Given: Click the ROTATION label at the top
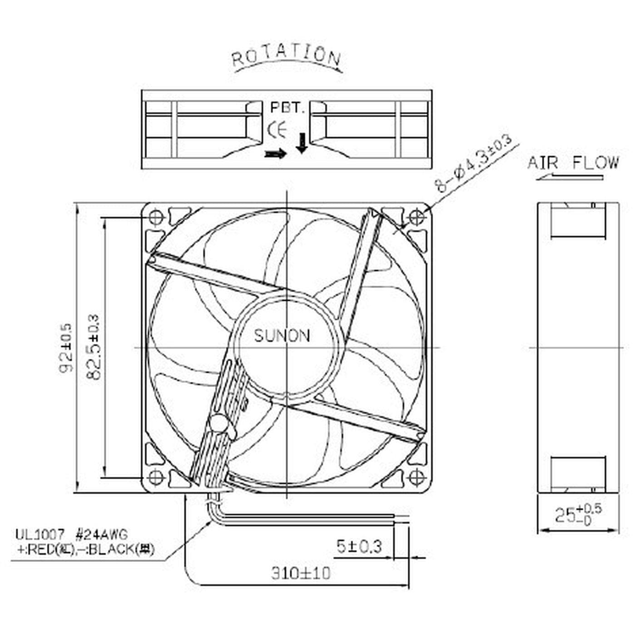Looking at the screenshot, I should tap(286, 56).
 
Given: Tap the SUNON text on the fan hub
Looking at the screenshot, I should tap(282, 336).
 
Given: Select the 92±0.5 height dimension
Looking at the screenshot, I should tap(66, 348).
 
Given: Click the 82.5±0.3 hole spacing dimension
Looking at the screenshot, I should tap(93, 348).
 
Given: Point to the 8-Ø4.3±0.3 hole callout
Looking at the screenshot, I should tap(475, 164).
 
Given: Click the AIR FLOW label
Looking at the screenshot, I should tap(573, 163).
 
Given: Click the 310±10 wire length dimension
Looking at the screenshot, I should tap(301, 573).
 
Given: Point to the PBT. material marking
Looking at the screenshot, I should tap(286, 108).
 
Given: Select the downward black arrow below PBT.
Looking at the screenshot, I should tap(301, 143).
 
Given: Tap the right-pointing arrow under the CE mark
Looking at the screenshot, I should tap(276, 154).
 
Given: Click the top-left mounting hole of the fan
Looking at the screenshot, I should tap(156, 217).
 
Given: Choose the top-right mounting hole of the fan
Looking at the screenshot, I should tap(417, 218).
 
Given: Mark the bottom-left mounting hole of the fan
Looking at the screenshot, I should tap(156, 477).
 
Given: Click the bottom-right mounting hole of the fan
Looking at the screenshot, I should tap(417, 477).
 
